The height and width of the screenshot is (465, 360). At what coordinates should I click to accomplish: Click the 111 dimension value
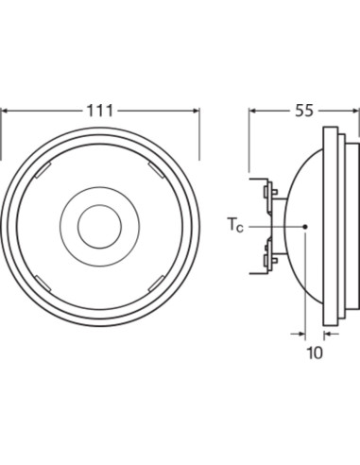tap(99, 111)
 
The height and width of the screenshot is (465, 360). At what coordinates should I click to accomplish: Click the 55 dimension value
tap(304, 111)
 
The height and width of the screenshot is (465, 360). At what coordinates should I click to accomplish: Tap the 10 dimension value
tap(315, 353)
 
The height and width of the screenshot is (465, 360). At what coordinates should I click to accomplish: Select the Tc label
tap(235, 225)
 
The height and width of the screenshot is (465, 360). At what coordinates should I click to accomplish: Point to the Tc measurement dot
tap(305, 227)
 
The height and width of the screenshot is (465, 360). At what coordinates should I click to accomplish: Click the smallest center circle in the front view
tap(99, 227)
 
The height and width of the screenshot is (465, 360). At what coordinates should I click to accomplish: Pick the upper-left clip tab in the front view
tap(43, 170)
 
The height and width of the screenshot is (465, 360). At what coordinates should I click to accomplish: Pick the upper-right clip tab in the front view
tap(156, 170)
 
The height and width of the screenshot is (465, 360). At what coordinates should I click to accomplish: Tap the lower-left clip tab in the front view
tap(43, 284)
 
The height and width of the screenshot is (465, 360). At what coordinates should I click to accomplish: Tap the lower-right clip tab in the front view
tap(156, 284)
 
